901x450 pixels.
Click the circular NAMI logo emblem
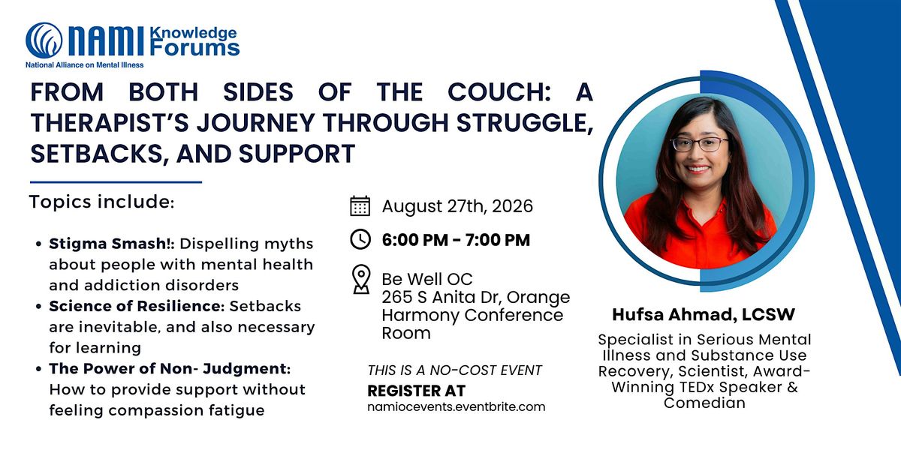44,40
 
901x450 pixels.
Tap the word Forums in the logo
194,48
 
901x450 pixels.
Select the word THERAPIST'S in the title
110,122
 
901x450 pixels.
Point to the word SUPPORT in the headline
297,154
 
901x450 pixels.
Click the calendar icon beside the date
360,206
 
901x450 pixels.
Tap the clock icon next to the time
360,239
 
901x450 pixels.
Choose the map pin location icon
361,279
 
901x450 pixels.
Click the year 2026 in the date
512,206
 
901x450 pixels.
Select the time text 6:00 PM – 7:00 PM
457,240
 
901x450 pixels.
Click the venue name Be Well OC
427,279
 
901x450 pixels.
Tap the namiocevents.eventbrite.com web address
457,406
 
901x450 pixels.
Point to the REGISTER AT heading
416,391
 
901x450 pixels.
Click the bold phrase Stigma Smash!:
112,244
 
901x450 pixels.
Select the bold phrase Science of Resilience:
137,306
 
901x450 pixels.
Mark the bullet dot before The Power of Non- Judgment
38,369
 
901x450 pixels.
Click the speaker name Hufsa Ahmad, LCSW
704,315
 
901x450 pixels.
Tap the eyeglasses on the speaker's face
699,144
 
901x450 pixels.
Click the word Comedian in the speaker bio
704,403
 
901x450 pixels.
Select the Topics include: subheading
102,202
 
